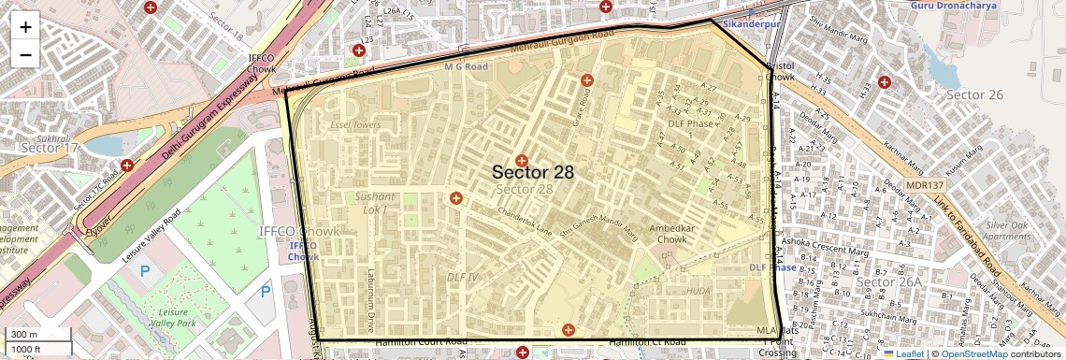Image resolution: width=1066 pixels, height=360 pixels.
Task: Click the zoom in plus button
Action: tap(25, 27)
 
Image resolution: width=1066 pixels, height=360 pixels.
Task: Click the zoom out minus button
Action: tap(25, 54)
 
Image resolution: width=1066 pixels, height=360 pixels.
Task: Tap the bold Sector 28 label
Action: tap(532, 172)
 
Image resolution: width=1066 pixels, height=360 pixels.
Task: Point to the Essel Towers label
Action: tap(355, 124)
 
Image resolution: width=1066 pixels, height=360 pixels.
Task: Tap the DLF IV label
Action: tap(462, 278)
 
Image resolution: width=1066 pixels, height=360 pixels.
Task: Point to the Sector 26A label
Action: tap(888, 281)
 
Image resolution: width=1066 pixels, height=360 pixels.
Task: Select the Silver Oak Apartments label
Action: tap(1006, 231)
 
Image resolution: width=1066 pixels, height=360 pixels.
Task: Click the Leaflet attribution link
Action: tap(902, 353)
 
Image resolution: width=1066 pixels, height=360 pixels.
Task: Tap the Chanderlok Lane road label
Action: tap(526, 225)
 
